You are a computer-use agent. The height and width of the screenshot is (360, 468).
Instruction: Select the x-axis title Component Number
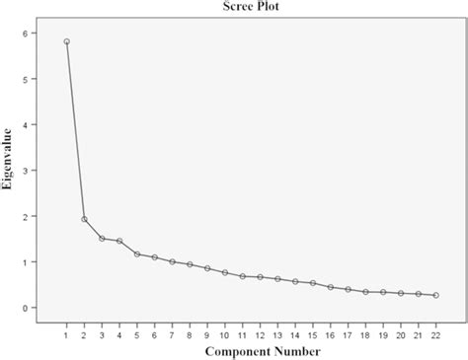pyautogui.click(x=242, y=350)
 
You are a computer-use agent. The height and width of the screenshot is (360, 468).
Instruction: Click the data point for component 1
pyautogui.click(x=66, y=41)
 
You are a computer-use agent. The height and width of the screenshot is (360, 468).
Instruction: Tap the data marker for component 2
pyautogui.click(x=84, y=219)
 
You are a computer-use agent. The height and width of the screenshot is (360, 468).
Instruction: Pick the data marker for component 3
pyautogui.click(x=102, y=238)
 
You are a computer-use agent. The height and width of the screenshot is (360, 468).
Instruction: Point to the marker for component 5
pyautogui.click(x=137, y=254)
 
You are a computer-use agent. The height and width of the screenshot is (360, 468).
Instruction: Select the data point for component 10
pyautogui.click(x=225, y=272)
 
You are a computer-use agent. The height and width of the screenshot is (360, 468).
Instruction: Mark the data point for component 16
pyautogui.click(x=331, y=287)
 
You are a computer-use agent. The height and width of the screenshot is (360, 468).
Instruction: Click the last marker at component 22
pyautogui.click(x=436, y=295)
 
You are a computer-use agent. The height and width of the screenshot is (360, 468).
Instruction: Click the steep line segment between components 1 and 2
pyautogui.click(x=75, y=130)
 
